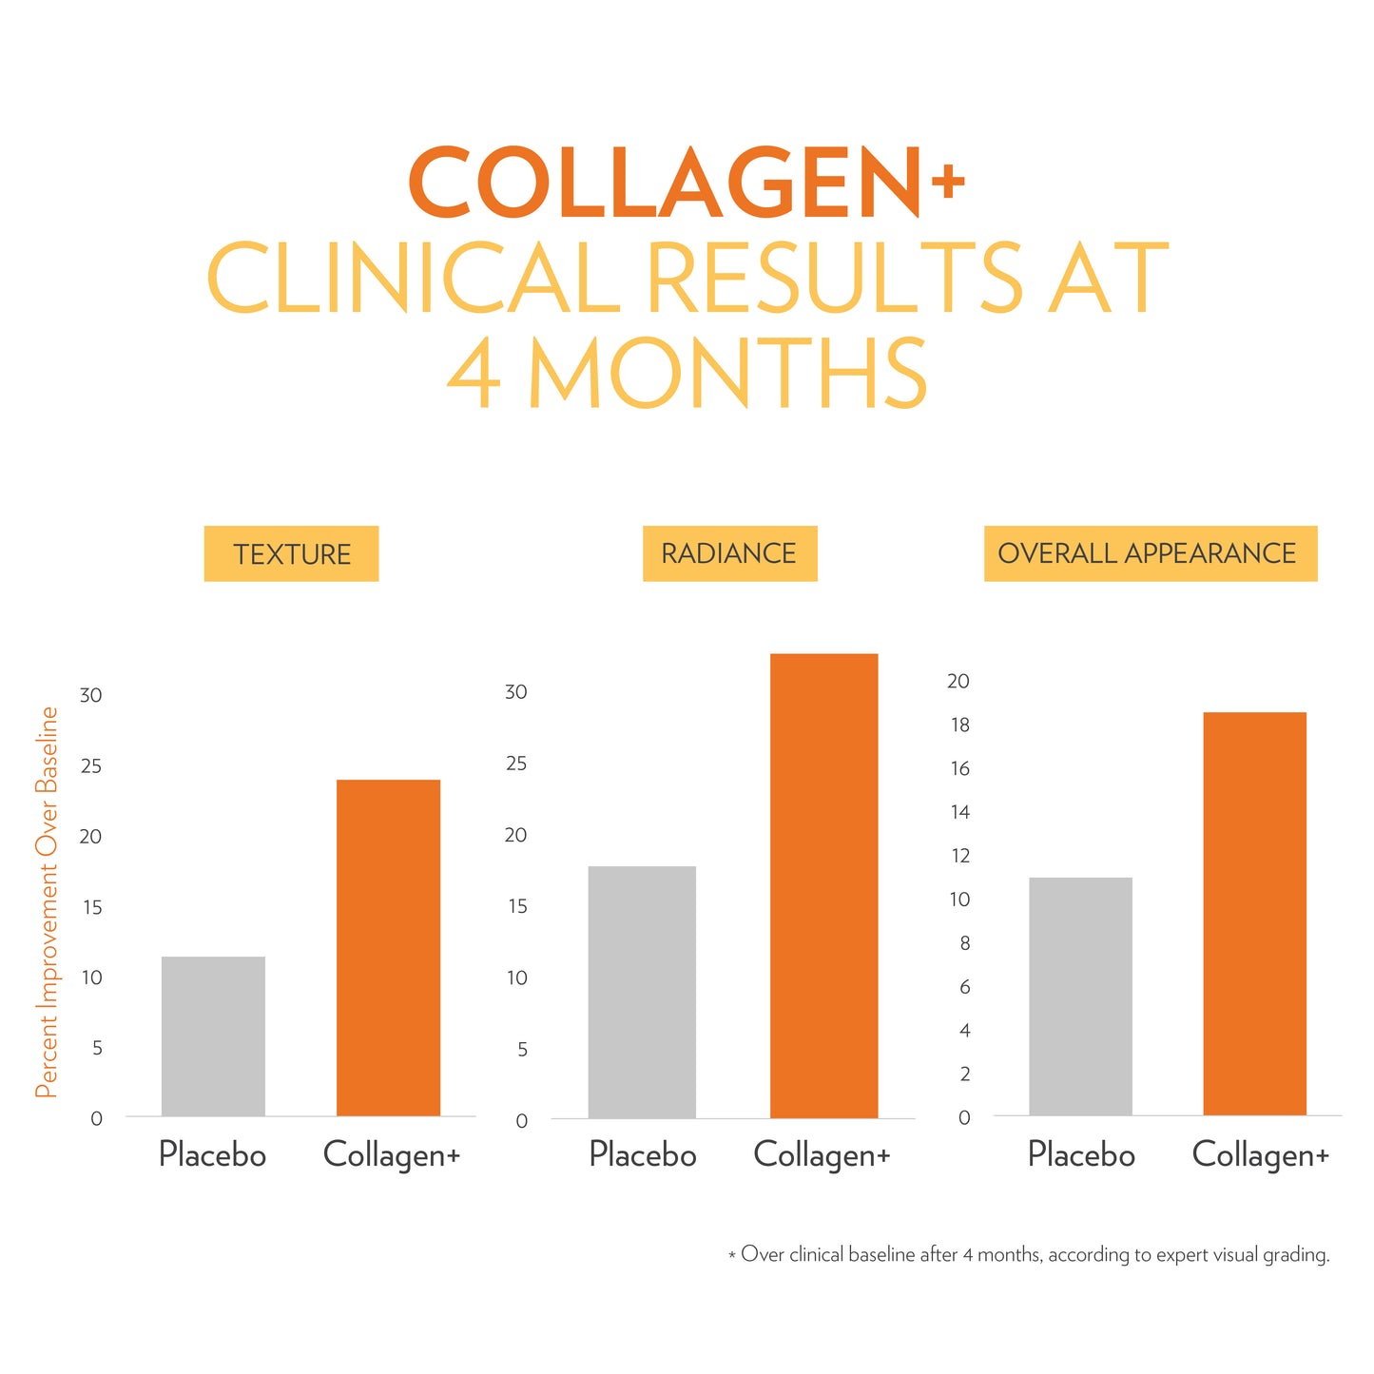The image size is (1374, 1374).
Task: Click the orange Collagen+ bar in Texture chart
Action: (x=388, y=947)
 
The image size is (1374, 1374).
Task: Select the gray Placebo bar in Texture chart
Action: (x=213, y=1035)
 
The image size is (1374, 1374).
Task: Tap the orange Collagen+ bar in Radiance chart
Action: (x=823, y=885)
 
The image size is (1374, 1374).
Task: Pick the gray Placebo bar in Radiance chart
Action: (x=642, y=992)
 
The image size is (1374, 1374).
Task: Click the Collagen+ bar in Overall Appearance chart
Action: (x=1254, y=913)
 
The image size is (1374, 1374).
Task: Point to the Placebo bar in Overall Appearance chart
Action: (x=1080, y=996)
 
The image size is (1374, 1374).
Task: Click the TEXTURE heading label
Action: (x=292, y=554)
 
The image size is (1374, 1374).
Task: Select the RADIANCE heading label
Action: (x=729, y=553)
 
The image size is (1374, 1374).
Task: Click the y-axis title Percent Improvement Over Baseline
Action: (x=48, y=901)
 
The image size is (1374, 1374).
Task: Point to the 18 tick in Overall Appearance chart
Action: (x=958, y=726)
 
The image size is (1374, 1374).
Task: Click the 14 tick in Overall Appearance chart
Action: (x=958, y=812)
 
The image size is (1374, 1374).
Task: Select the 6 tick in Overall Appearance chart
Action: (x=964, y=987)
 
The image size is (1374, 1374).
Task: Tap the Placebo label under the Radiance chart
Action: (x=642, y=1154)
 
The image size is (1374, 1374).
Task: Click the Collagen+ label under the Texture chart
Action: (x=391, y=1154)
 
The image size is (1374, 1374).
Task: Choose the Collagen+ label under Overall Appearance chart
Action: (x=1260, y=1154)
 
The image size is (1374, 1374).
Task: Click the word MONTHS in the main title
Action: (x=727, y=374)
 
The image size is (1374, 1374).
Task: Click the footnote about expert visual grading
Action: (x=1029, y=1255)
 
